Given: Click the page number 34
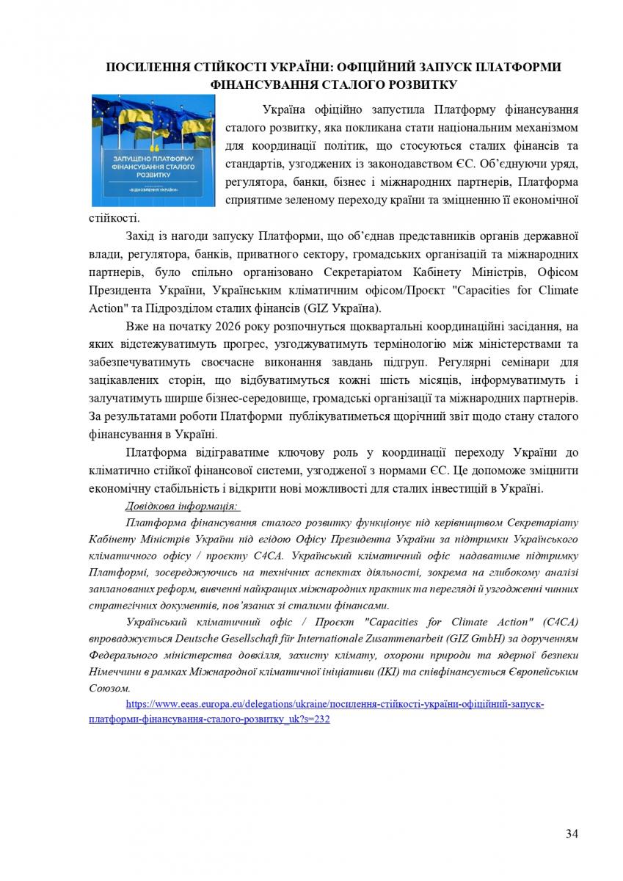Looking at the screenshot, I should [572, 833].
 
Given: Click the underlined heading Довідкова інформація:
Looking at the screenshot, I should [182, 506].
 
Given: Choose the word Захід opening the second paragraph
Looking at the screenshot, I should [142, 236].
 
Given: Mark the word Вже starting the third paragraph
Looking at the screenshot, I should [137, 325].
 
